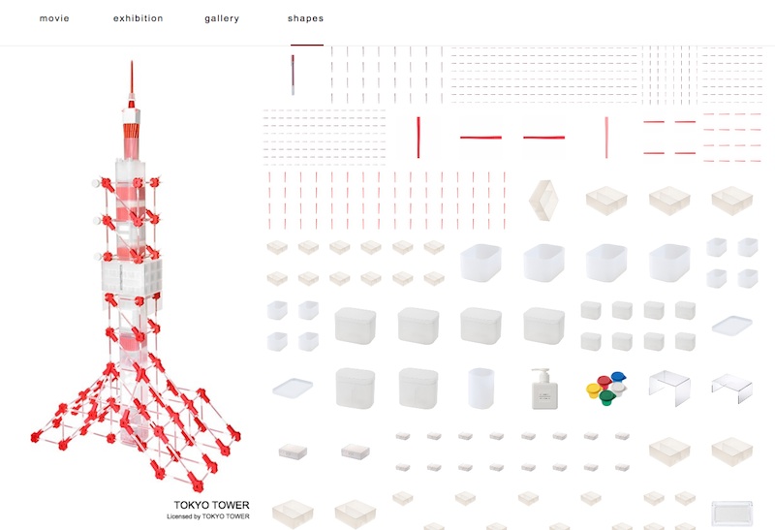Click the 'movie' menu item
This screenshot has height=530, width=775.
[54, 18]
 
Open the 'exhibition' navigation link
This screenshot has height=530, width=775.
[138, 18]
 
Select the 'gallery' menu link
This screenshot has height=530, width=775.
[222, 18]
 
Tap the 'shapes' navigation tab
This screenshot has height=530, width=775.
[305, 18]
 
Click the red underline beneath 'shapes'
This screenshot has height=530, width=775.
[306, 45]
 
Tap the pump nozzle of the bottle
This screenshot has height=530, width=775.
[540, 370]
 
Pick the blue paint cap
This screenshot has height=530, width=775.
[618, 377]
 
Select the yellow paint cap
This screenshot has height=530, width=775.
[594, 390]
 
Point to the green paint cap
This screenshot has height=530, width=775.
[607, 396]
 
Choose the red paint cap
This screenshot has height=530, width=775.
[604, 380]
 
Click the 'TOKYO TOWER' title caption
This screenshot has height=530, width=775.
[211, 505]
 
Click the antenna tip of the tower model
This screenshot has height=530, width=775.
[131, 63]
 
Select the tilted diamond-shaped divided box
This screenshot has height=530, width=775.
[543, 201]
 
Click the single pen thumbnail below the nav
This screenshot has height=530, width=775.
[293, 74]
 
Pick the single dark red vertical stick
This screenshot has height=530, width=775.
[418, 137]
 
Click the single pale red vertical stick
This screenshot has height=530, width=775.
[606, 137]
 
